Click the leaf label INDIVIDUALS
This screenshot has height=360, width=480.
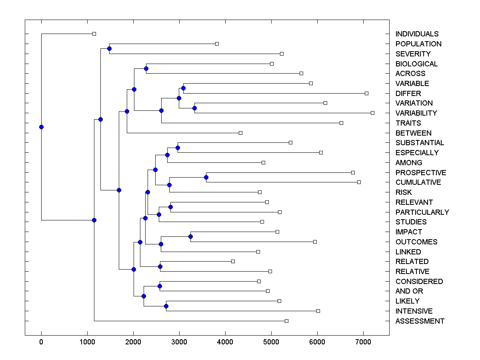click(417, 34)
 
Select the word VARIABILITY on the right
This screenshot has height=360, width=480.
click(416, 113)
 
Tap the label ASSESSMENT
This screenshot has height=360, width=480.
click(420, 321)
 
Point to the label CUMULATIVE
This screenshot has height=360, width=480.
click(418, 182)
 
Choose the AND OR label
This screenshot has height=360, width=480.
click(409, 291)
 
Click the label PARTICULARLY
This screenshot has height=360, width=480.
click(422, 212)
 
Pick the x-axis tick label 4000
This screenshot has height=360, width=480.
click(225, 342)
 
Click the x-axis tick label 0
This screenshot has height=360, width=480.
click(41, 342)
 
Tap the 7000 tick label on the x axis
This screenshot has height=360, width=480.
click(363, 342)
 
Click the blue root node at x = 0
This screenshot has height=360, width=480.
click(41, 127)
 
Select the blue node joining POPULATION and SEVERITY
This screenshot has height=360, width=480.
click(109, 48)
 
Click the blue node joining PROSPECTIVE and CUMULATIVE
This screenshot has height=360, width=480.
click(206, 177)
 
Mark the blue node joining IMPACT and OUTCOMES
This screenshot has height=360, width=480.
click(190, 237)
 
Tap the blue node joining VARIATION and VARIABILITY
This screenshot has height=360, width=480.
click(194, 108)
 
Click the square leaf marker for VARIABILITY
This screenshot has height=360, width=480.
click(372, 113)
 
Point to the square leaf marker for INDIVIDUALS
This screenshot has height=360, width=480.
click(94, 34)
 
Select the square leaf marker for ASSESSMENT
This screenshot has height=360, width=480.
click(286, 321)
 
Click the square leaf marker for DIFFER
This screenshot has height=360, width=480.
click(366, 93)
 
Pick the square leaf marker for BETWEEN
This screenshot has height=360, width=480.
click(240, 133)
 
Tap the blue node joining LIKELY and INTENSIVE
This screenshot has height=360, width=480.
click(166, 306)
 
